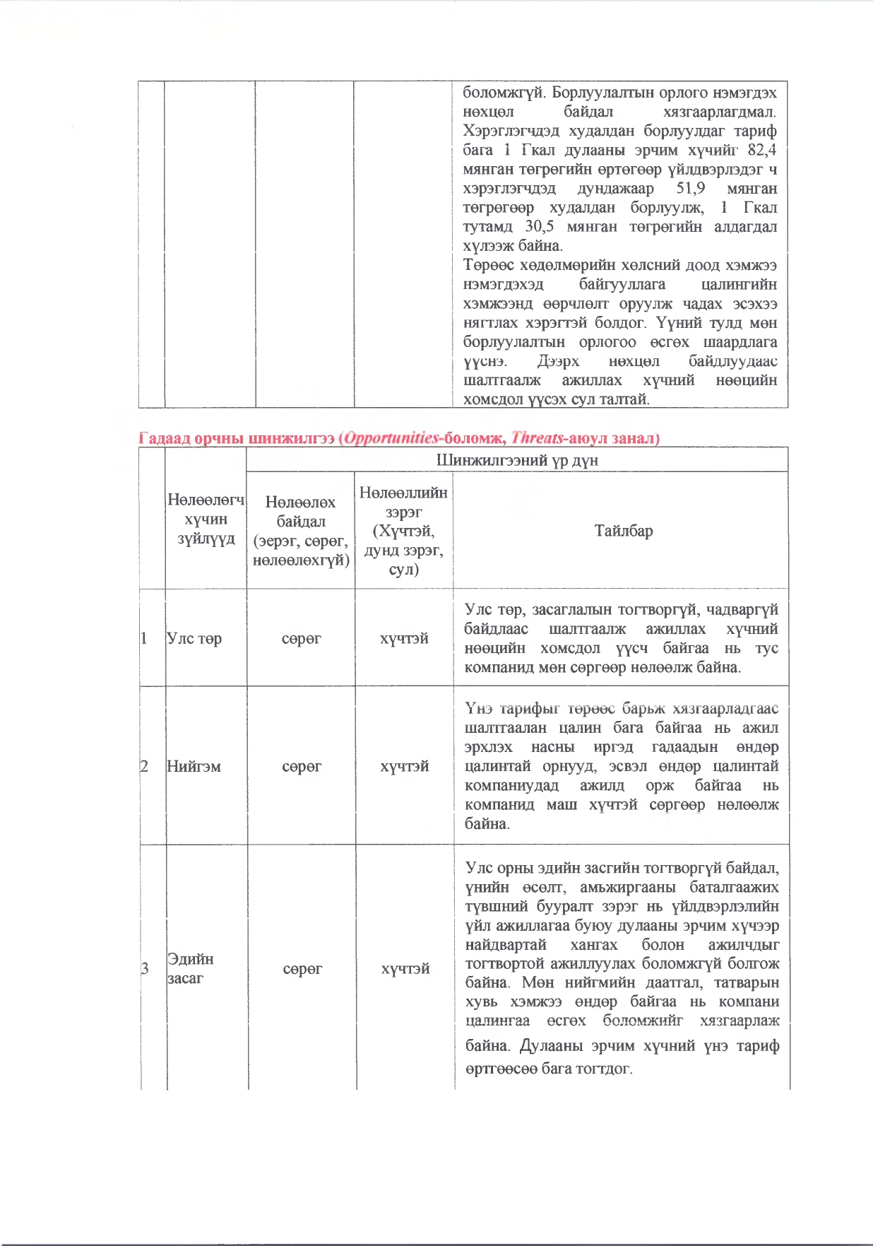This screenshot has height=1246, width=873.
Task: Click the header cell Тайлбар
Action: [623, 531]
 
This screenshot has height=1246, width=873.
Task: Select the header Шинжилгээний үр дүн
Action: [517, 460]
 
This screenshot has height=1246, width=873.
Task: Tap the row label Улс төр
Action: [194, 638]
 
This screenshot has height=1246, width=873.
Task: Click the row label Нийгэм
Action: [194, 766]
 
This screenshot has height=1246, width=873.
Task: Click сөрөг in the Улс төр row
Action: [302, 638]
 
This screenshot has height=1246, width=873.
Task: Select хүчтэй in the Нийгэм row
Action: [405, 766]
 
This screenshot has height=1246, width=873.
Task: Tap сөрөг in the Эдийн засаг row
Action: [302, 968]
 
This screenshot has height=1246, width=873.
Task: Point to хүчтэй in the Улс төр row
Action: [404, 638]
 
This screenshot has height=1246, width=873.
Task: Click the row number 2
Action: [144, 766]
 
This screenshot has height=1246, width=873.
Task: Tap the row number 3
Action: [145, 968]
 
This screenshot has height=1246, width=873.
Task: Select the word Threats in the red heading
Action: [537, 438]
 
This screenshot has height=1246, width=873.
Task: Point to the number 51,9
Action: [690, 189]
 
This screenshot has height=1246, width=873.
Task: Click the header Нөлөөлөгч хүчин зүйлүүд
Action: [206, 519]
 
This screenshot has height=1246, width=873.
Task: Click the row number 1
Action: [144, 638]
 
